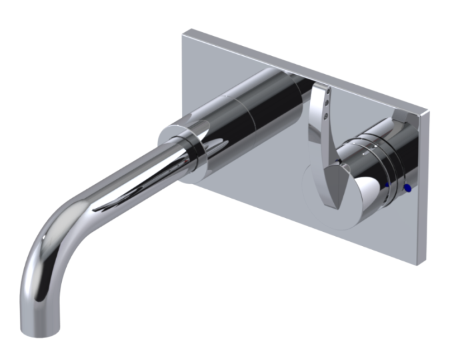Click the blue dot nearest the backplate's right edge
[x=408, y=189]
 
